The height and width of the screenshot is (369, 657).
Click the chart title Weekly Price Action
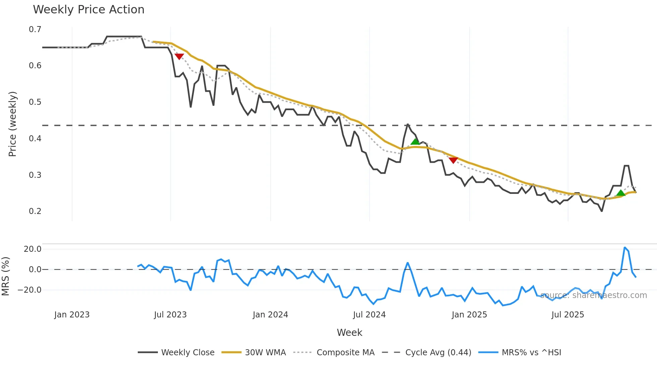[x=88, y=10]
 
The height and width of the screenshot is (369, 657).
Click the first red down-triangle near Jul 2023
[x=179, y=57]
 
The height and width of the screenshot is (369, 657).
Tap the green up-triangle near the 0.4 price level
[x=415, y=142]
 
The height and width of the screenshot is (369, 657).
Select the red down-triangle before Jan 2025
[x=453, y=160]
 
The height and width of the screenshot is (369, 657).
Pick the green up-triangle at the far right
[x=621, y=193]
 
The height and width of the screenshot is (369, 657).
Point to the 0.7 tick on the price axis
[x=35, y=29]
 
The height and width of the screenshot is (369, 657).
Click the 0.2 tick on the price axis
[x=35, y=211]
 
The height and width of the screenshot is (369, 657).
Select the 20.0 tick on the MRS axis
[x=33, y=249]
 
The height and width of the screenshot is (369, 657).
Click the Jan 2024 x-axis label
[x=270, y=315]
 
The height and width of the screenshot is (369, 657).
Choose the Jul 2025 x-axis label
[x=568, y=315]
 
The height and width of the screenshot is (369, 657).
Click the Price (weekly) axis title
[x=12, y=124]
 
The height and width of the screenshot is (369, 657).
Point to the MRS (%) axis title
[x=6, y=276]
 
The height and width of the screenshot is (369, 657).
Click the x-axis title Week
[x=349, y=333]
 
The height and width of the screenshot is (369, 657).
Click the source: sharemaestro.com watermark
[x=593, y=295]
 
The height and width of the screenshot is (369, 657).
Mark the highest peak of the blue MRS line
[x=625, y=247]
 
